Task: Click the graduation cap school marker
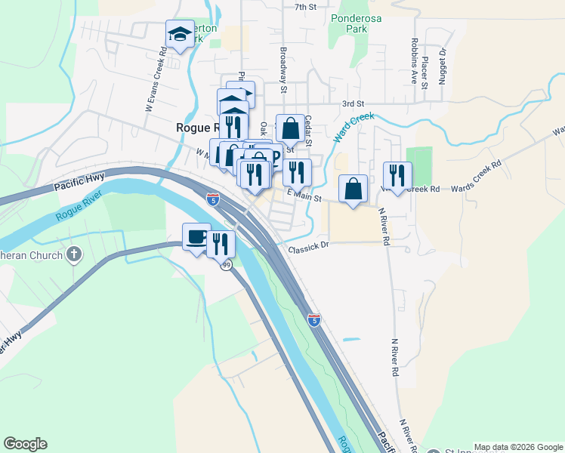(180, 34)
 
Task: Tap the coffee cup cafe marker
(196, 237)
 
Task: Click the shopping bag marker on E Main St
(354, 190)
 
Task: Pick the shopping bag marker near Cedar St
(290, 129)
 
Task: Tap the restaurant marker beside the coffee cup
(221, 244)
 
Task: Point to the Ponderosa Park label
(347, 23)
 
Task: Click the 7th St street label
(304, 7)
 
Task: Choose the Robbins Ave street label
(414, 60)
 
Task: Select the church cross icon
(73, 254)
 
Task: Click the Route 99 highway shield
(226, 265)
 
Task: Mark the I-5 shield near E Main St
(213, 200)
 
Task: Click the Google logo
(25, 444)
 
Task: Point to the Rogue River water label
(79, 212)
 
